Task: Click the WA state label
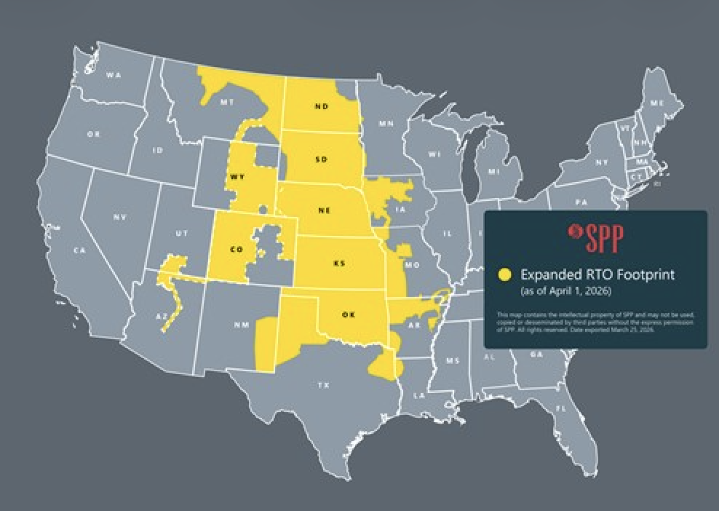[113, 75]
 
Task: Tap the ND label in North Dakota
[321, 106]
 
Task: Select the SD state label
[321, 159]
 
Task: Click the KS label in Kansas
[338, 263]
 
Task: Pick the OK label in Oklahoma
[348, 314]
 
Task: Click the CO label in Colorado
[236, 250]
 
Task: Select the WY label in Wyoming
[237, 177]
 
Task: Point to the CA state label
[80, 250]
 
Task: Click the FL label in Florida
[560, 409]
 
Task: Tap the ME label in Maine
[656, 103]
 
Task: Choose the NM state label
[242, 325]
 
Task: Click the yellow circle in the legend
[504, 275]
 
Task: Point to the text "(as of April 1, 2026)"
[565, 291]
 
